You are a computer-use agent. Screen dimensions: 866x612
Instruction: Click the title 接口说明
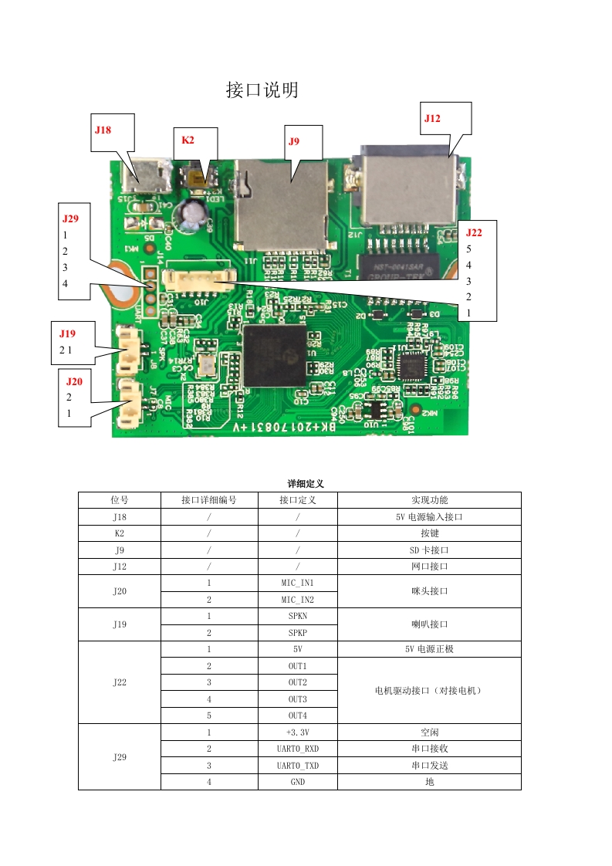[x=262, y=90]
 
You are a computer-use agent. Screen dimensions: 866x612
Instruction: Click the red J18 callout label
[x=103, y=130]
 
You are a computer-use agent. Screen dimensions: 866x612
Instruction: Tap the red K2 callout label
[x=188, y=140]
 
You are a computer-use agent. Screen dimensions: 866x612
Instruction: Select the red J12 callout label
[x=432, y=118]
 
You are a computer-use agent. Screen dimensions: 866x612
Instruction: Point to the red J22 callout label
[x=474, y=232]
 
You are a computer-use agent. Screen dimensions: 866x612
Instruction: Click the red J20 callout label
[x=74, y=381]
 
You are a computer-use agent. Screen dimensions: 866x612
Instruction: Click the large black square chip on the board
[x=274, y=355]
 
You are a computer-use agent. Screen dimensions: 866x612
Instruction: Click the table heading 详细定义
[x=306, y=484]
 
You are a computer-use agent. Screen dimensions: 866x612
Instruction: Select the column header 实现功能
[x=429, y=500]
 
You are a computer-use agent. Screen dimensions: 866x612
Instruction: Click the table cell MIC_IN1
[x=297, y=583]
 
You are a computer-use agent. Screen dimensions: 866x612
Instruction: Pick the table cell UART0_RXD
[x=297, y=749]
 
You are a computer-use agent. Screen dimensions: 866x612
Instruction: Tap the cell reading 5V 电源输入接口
[x=429, y=516]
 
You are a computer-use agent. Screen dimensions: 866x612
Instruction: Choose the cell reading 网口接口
[x=429, y=566]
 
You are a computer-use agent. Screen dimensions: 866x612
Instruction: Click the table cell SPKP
[x=297, y=633]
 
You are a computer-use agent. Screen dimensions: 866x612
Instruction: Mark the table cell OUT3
[x=297, y=699]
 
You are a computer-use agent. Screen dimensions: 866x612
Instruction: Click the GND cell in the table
[x=297, y=782]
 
